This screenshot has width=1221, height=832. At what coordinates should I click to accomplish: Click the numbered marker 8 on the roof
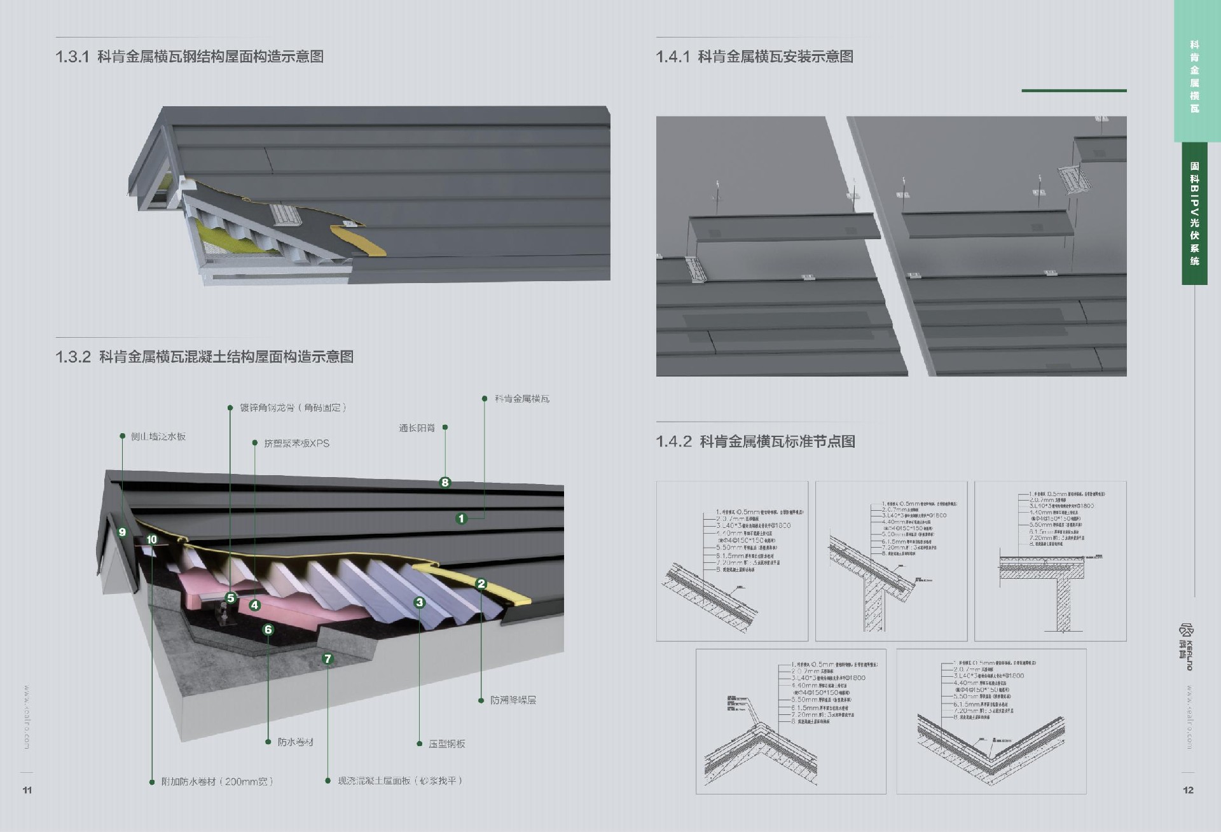[445, 482]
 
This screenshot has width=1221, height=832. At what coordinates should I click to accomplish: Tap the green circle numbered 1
[462, 518]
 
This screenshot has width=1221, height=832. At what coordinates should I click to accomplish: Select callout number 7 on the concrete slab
[328, 658]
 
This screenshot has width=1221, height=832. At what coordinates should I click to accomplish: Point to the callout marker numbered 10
[151, 539]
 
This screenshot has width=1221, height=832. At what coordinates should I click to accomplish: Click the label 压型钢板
[446, 744]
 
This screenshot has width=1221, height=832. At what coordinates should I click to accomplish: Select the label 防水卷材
[295, 742]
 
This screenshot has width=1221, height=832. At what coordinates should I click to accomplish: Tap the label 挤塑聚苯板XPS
[296, 443]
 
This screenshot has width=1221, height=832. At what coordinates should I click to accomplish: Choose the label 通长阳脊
[417, 428]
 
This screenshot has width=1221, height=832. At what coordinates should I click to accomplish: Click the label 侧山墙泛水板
[158, 436]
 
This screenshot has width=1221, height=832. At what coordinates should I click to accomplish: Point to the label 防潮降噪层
[513, 700]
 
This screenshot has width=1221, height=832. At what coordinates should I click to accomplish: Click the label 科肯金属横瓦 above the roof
[521, 399]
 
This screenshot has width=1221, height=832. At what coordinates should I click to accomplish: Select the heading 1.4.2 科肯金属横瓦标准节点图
[755, 441]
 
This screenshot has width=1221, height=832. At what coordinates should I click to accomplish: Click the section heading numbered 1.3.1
[190, 57]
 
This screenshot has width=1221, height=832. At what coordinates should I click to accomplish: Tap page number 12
[1188, 790]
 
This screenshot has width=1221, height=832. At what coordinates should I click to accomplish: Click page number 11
[27, 790]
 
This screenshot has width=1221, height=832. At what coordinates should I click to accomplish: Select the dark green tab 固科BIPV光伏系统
[1194, 214]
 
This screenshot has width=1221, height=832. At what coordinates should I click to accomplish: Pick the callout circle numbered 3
[419, 602]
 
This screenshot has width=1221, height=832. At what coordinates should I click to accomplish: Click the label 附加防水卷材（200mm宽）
[217, 781]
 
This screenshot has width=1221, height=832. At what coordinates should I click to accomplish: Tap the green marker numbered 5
[231, 598]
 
